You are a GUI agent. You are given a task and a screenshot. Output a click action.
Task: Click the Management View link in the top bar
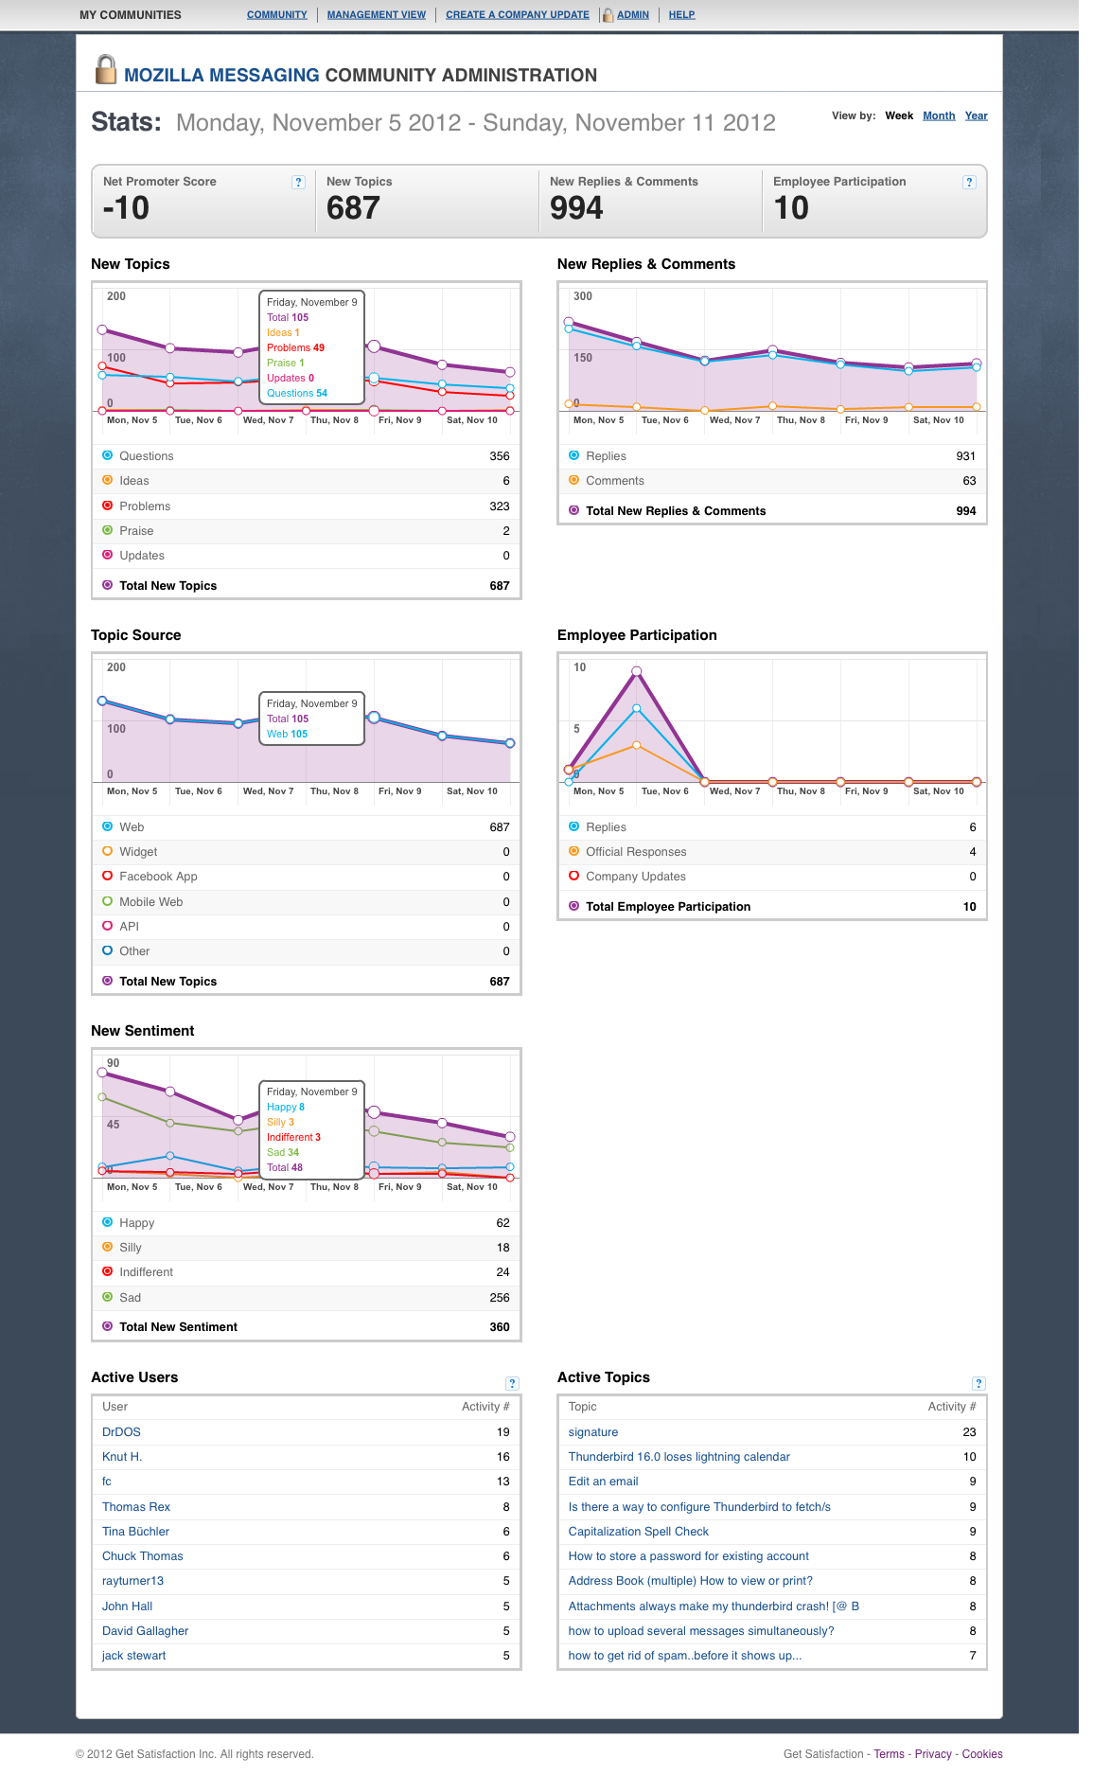(377, 15)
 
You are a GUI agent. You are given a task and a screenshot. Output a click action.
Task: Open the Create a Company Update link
(518, 15)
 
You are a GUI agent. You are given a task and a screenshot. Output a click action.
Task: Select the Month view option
(939, 115)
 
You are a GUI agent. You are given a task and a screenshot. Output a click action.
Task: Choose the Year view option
(977, 115)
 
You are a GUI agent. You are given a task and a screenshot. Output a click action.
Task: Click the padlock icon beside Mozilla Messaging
(106, 69)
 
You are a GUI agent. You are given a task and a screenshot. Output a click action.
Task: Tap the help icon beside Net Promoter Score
(299, 182)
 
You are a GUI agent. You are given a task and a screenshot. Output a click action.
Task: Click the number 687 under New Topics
(353, 208)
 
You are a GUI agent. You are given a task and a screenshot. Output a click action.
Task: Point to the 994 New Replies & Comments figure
(576, 208)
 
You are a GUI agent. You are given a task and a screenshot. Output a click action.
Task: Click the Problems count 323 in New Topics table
(500, 506)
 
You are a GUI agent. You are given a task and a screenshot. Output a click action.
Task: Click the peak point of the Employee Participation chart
(637, 671)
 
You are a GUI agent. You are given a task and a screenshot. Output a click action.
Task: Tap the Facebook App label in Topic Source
(158, 877)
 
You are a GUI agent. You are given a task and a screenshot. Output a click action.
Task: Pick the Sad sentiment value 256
(500, 1298)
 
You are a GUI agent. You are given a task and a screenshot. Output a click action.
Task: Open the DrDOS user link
(121, 1432)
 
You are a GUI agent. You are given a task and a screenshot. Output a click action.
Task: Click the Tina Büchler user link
(135, 1532)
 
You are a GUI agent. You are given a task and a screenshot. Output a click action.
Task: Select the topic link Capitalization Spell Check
(638, 1532)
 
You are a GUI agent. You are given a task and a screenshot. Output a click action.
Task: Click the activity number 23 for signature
(969, 1432)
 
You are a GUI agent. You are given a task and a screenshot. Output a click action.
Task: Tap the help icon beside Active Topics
(979, 1383)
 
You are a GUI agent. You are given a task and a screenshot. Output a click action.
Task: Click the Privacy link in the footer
(933, 1754)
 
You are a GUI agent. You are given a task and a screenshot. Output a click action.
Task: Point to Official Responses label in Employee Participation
(636, 852)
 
